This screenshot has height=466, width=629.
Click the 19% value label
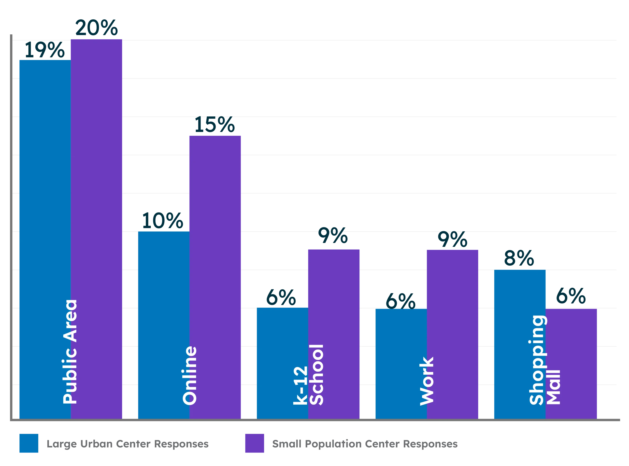tap(44, 51)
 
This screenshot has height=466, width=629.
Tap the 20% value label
tap(96, 28)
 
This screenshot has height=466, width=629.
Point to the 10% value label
tap(162, 221)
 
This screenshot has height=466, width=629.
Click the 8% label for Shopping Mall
tap(518, 259)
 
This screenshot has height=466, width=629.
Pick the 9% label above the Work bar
tap(452, 240)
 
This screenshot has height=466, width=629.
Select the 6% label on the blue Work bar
tap(400, 301)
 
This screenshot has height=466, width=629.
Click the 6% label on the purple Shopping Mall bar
tap(571, 296)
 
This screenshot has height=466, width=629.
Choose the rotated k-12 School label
tap(308, 375)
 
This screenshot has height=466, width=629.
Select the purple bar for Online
tap(215, 282)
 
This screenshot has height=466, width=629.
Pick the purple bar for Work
tap(453, 339)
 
